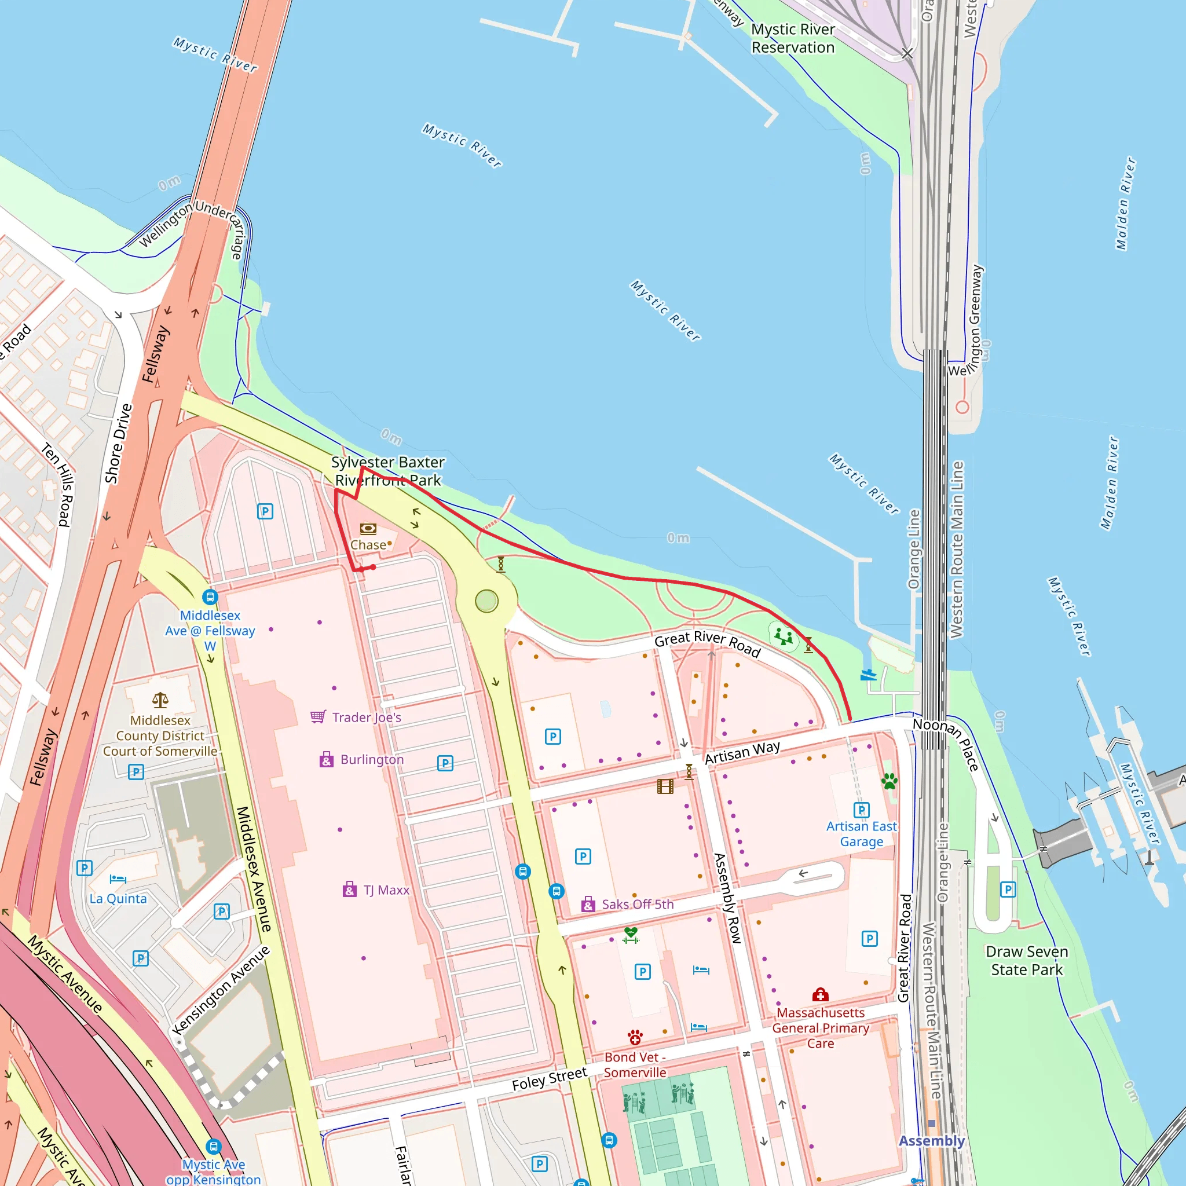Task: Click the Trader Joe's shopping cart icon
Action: click(x=318, y=716)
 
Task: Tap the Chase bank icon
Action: click(x=368, y=529)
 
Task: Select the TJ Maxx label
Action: click(x=386, y=890)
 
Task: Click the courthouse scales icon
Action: click(x=160, y=700)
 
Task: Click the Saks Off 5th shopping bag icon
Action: click(x=588, y=904)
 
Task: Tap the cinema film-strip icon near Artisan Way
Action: click(x=665, y=786)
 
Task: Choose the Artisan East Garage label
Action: click(x=861, y=834)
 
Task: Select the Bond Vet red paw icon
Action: click(x=635, y=1037)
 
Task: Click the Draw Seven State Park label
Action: click(x=1026, y=960)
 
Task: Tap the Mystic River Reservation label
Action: click(x=793, y=38)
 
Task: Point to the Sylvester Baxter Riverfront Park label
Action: click(x=387, y=471)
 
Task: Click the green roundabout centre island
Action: click(x=486, y=601)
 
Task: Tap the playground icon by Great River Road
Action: click(x=784, y=636)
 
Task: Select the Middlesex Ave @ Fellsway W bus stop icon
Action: click(x=210, y=596)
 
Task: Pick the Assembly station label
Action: click(x=931, y=1141)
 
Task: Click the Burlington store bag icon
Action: click(x=327, y=759)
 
